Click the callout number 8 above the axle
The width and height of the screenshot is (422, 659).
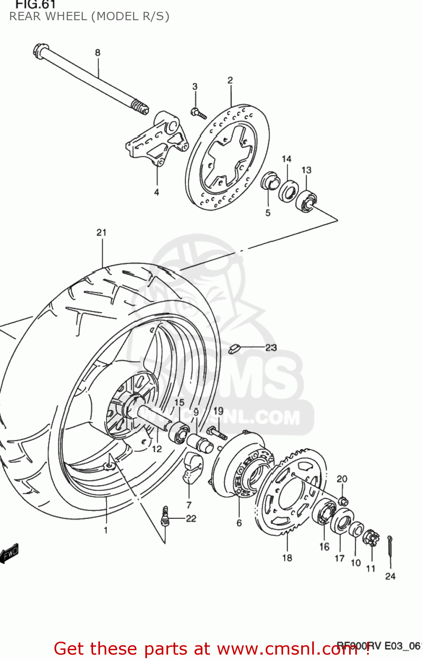(97, 53)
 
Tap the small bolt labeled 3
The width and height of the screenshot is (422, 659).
(198, 114)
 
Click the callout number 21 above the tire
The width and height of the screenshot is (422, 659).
(101, 232)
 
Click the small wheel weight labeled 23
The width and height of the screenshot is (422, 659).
(234, 349)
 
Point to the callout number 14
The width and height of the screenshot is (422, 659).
(286, 159)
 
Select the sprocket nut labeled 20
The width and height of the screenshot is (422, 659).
(344, 501)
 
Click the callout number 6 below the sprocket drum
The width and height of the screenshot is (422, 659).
(239, 523)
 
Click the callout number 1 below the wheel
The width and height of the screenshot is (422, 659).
(105, 530)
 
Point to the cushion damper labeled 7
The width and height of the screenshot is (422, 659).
(191, 467)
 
